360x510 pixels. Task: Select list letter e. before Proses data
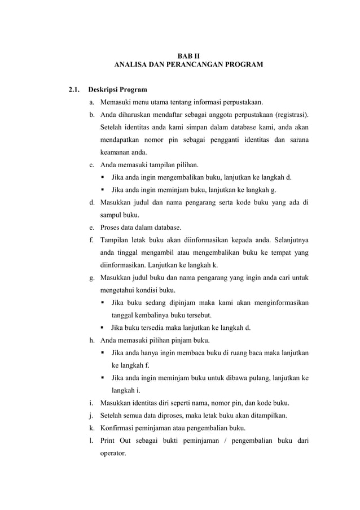point(91,228)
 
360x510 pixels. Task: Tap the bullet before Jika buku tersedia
point(103,328)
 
